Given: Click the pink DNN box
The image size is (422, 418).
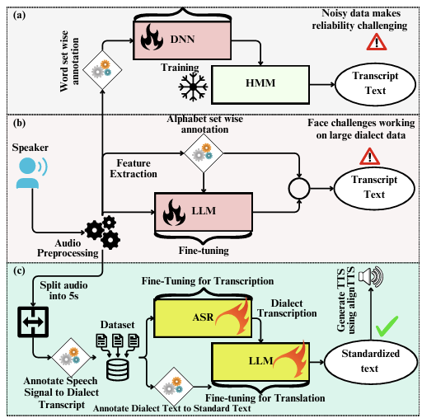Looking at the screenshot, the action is pos(182,40).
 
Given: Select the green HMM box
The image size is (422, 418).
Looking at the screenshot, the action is pos(260,85).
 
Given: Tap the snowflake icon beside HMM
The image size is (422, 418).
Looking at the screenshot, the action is pos(193,87).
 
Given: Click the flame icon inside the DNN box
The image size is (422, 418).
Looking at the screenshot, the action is pos(152,37).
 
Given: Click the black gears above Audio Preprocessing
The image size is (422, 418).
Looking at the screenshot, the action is pos(103,232).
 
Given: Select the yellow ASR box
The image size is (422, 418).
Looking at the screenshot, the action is pos(203,317).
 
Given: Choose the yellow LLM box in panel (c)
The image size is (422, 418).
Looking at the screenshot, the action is pos(260,361).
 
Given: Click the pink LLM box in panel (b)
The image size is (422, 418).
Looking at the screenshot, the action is pos(204,212).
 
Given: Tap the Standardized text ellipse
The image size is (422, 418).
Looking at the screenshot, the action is pos(371,361).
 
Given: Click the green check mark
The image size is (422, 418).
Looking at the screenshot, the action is pos(387,326).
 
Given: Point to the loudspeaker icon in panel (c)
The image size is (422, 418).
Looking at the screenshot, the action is pos(371,277).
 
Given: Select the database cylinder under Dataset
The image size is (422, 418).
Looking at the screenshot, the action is pos(118,369).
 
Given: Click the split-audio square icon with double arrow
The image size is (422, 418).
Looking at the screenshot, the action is pos(33,322).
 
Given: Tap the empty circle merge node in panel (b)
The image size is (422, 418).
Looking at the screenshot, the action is pos(299,189).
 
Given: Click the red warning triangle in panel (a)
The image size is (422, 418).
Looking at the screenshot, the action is pos(377,42).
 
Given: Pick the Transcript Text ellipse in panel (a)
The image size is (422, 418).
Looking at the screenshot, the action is pos(376,84).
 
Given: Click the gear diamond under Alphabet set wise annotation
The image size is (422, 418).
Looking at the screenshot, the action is pos(204,153).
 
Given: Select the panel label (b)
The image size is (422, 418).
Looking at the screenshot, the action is pos(19,123).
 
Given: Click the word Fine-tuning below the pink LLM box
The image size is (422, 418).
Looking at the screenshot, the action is pos(204,251).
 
